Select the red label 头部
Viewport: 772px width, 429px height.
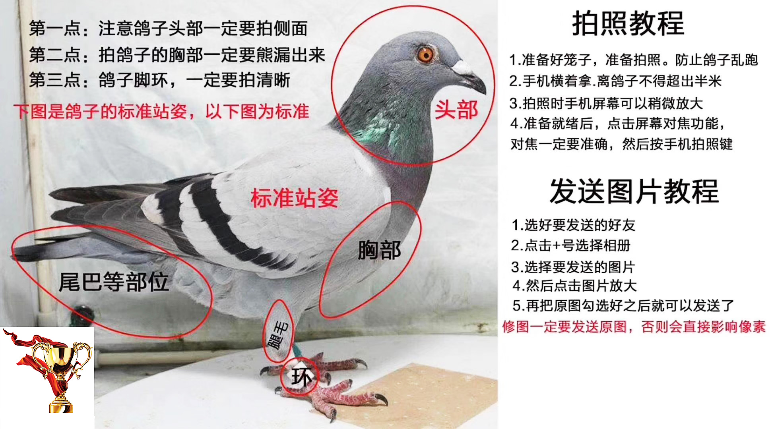[456, 110]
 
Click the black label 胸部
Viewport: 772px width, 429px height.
[379, 250]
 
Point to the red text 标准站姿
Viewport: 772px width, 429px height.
[295, 198]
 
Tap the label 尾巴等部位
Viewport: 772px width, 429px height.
[114, 282]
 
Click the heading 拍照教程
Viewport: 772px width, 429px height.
[628, 23]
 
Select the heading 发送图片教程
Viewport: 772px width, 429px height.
[634, 191]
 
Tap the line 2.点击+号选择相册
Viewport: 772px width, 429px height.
[571, 245]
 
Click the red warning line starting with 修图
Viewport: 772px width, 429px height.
[634, 327]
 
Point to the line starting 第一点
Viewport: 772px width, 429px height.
[168, 28]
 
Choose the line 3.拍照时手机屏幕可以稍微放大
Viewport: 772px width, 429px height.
[606, 103]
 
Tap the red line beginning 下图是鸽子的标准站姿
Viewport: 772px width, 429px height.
[161, 111]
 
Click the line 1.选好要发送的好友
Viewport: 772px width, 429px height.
[573, 225]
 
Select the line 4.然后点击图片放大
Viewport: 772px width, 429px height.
[575, 286]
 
